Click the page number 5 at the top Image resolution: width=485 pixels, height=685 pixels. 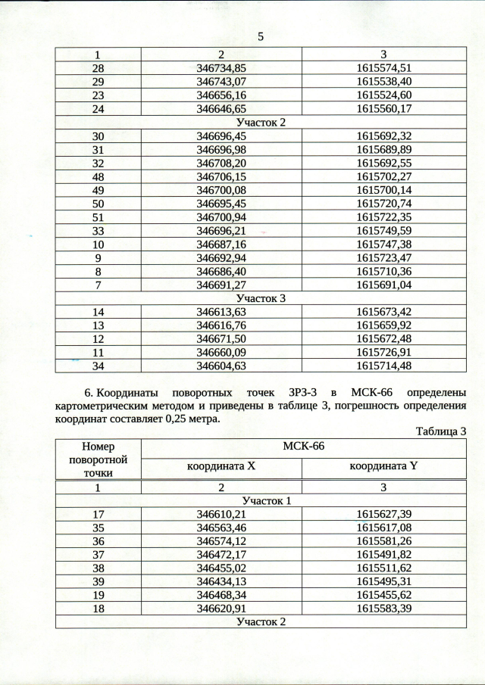pyautogui.click(x=260, y=36)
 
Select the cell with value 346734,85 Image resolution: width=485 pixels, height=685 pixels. pyautogui.click(x=221, y=67)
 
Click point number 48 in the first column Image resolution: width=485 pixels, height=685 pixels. pyautogui.click(x=98, y=176)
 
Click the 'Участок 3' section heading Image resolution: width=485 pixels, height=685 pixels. pyautogui.click(x=261, y=298)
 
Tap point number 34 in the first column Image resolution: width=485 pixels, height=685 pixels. pyautogui.click(x=98, y=366)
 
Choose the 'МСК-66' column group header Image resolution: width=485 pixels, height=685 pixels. pyautogui.click(x=303, y=447)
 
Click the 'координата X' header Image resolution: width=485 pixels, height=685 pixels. pyautogui.click(x=221, y=467)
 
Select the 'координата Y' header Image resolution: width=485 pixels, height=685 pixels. pyautogui.click(x=383, y=467)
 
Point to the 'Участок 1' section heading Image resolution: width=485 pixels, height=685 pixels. pyautogui.click(x=261, y=501)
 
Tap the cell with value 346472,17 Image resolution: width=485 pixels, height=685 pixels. pyautogui.click(x=221, y=555)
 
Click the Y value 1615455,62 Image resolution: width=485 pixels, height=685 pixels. pyautogui.click(x=383, y=596)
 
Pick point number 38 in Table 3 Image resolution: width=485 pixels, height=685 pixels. pyautogui.click(x=98, y=568)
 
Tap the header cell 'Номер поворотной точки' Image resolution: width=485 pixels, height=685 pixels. pyautogui.click(x=98, y=459)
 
